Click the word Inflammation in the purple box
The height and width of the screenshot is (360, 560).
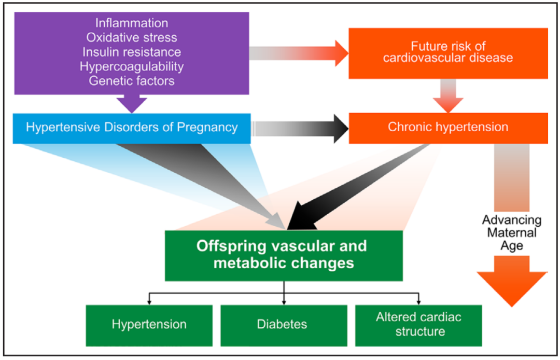click(x=131, y=23)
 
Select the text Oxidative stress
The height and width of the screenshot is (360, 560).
click(x=131, y=37)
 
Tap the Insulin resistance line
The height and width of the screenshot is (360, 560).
click(x=131, y=52)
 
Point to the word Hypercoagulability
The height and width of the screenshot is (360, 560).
click(x=131, y=66)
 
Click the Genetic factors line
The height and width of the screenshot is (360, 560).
click(x=131, y=81)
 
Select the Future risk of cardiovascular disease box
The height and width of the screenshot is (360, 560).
click(x=448, y=53)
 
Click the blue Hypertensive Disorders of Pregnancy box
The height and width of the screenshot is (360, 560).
click(x=132, y=129)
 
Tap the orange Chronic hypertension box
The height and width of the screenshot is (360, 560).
click(x=448, y=128)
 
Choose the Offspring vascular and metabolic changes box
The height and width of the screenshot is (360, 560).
click(x=284, y=255)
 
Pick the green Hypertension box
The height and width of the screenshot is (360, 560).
click(x=149, y=325)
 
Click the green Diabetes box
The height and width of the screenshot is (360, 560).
click(x=284, y=325)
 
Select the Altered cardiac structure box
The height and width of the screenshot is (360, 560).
click(x=418, y=325)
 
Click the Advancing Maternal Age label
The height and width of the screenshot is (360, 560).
click(x=512, y=233)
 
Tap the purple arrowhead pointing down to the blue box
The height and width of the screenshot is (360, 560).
click(x=132, y=104)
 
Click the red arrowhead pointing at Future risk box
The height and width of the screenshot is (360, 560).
click(x=342, y=53)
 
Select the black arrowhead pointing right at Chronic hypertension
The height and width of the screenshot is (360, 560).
click(x=341, y=129)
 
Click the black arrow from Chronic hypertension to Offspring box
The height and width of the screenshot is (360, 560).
click(x=357, y=187)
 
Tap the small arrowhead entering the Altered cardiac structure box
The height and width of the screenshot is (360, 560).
click(x=418, y=302)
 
